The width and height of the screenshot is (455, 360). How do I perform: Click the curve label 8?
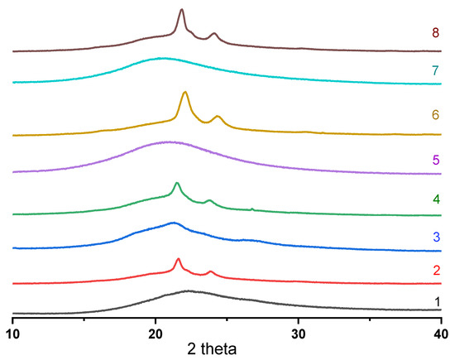(x=434, y=33)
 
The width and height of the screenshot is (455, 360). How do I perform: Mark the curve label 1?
(x=434, y=302)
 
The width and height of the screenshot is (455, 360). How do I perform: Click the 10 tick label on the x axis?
(x=12, y=331)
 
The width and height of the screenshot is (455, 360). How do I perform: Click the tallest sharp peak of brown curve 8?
(x=182, y=10)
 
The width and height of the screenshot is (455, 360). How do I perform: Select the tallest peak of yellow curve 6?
(x=185, y=92)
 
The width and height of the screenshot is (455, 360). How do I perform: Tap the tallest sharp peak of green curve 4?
(x=177, y=183)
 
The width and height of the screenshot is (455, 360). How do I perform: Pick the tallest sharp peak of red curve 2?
(x=179, y=259)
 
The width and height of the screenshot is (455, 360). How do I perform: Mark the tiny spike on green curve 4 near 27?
(x=252, y=209)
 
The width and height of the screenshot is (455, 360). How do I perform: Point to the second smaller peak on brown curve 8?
(x=214, y=34)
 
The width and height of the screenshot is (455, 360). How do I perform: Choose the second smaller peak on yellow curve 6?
(x=218, y=117)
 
